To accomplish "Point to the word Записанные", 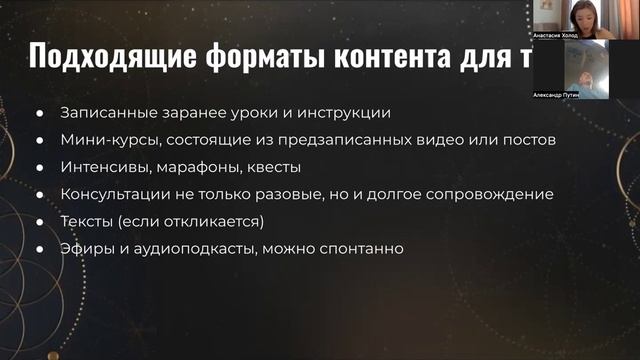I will (104, 112).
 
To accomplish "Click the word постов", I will (526, 139).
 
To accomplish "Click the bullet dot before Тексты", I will (41, 221).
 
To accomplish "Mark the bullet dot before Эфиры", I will (41, 248).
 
